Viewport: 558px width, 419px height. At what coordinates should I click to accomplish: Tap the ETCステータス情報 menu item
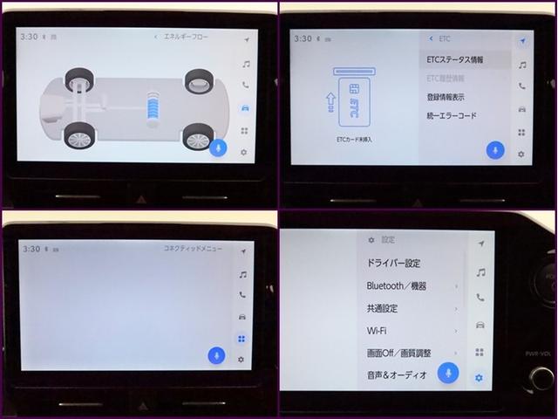(x=456, y=60)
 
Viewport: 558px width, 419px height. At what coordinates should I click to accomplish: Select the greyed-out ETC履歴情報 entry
(x=446, y=79)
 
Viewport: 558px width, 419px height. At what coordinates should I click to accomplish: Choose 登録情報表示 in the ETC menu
(x=446, y=97)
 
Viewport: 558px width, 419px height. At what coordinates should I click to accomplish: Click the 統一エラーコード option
(x=451, y=115)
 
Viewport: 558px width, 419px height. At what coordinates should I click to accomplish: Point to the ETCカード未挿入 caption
(x=354, y=139)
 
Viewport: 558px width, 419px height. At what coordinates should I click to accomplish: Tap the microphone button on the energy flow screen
(x=218, y=148)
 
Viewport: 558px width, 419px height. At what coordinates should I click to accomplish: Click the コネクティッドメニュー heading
(x=192, y=249)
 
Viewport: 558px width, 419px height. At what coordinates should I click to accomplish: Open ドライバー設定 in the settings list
(x=393, y=263)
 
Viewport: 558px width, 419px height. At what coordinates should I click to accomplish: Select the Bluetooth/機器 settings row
(x=397, y=285)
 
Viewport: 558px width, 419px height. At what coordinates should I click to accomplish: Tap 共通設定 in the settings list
(x=384, y=308)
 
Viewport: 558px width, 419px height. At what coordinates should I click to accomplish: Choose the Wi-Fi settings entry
(x=377, y=331)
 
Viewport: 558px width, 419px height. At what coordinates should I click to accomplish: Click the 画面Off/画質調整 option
(x=398, y=354)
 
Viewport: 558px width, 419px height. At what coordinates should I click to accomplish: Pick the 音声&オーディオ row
(x=397, y=375)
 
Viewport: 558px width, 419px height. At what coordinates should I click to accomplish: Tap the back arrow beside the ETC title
(x=432, y=38)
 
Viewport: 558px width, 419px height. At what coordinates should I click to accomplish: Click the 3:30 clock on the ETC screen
(x=303, y=38)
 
